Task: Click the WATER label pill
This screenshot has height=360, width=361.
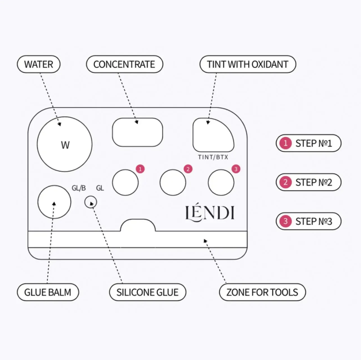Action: (x=39, y=64)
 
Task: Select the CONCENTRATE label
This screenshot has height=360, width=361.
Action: (x=125, y=64)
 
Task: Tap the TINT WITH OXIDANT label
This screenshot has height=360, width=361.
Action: (x=248, y=64)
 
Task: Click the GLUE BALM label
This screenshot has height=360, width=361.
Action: (x=48, y=292)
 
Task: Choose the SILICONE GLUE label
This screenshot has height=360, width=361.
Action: (x=148, y=292)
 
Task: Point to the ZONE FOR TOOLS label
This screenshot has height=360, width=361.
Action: (x=262, y=292)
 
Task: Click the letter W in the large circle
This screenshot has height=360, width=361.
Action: (x=65, y=145)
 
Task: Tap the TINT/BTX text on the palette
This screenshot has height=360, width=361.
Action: (x=213, y=157)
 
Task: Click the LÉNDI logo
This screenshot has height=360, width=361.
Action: (x=210, y=213)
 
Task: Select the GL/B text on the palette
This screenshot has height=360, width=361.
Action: (x=79, y=188)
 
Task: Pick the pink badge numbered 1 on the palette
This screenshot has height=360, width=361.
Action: (x=140, y=169)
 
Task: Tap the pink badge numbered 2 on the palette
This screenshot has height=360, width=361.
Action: (x=188, y=169)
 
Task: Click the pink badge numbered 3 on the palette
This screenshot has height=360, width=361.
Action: (x=236, y=169)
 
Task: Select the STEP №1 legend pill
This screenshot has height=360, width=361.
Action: (x=309, y=143)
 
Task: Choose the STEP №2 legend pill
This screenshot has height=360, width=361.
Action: (x=309, y=182)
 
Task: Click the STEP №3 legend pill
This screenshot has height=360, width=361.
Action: (x=309, y=221)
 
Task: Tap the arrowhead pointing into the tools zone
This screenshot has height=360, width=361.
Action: (x=205, y=241)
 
